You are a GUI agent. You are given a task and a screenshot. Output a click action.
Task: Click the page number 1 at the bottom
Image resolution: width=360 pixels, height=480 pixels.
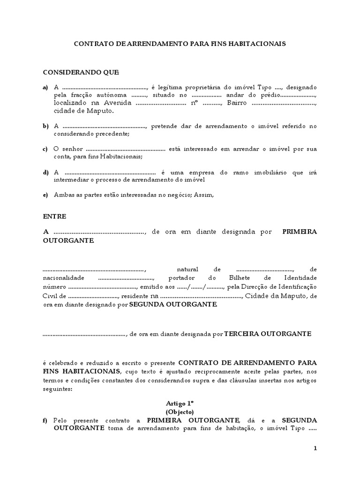[x=315, y=449]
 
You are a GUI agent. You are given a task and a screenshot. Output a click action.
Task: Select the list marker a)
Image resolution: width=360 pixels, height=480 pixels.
[x=45, y=87]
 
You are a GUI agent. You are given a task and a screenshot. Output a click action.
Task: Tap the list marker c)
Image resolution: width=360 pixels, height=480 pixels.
[x=45, y=149]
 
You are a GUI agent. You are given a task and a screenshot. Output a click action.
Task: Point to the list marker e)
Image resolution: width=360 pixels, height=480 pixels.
[x=45, y=195]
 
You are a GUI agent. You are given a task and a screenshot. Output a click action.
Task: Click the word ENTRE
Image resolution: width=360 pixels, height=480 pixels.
[x=55, y=217]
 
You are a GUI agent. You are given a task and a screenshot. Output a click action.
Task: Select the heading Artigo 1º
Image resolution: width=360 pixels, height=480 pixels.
[x=180, y=403]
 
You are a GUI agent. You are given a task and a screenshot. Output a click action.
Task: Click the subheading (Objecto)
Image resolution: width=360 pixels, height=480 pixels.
[x=180, y=411]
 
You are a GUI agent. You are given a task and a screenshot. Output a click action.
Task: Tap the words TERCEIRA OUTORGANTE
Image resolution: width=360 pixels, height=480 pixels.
[x=267, y=334]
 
